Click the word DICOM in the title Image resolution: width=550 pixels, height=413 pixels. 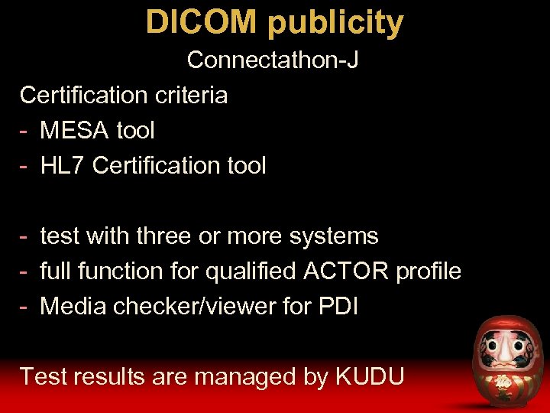tap(200, 22)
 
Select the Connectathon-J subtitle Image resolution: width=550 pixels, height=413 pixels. tap(273, 60)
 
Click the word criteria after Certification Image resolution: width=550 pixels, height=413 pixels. tap(190, 95)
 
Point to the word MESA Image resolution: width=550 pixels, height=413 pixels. tap(73, 130)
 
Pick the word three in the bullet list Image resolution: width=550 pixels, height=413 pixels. tap(164, 236)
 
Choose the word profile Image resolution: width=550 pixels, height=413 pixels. tap(428, 272)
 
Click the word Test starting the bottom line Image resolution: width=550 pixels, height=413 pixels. tap(43, 376)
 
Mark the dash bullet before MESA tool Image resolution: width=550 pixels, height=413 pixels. tap(25, 131)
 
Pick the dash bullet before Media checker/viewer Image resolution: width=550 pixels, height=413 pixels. tap(25, 307)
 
